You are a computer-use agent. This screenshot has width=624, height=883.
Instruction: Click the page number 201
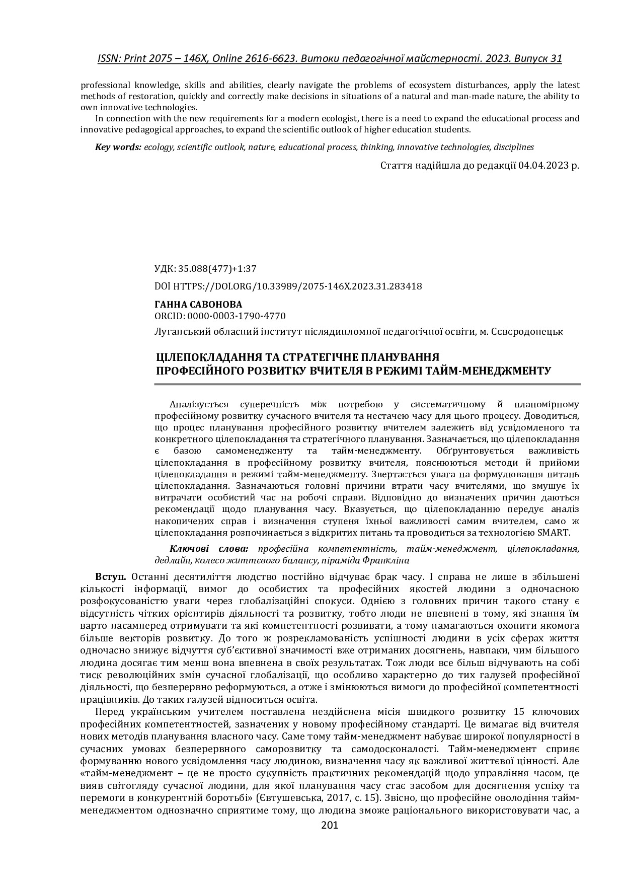click(x=330, y=825)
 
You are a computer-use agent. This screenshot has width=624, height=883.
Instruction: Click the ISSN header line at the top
click(x=330, y=58)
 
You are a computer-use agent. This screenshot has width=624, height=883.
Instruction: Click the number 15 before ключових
click(x=520, y=712)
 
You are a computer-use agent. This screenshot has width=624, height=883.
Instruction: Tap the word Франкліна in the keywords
click(x=390, y=560)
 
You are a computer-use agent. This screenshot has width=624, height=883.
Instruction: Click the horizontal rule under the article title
click(x=367, y=384)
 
